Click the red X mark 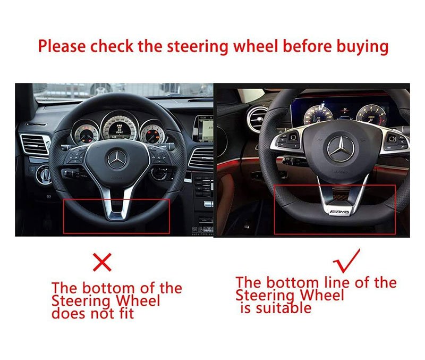[x=102, y=262]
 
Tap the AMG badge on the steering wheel [x=339, y=211]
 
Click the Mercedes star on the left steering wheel [x=117, y=159]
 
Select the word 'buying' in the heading [x=362, y=47]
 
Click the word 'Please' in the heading [x=62, y=46]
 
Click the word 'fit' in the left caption [x=126, y=313]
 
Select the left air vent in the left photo [x=35, y=144]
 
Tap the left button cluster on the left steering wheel [x=76, y=156]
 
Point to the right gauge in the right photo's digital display [x=371, y=115]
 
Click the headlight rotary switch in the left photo [x=44, y=174]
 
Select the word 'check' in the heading [x=112, y=46]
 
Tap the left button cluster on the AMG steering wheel [x=286, y=140]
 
